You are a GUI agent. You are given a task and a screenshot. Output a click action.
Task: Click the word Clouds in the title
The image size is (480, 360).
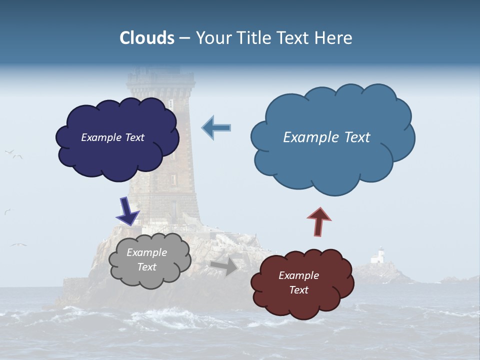[x=147, y=38]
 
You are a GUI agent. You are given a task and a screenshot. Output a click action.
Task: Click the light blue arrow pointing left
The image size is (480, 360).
[x=216, y=128]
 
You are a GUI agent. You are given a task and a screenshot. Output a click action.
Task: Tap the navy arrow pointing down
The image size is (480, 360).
[x=127, y=210]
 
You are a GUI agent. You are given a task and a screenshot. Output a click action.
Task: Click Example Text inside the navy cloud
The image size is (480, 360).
[x=112, y=137]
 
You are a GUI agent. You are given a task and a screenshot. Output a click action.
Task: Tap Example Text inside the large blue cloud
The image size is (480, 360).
[x=326, y=137]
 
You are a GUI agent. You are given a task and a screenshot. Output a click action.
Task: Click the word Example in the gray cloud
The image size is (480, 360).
[x=146, y=253]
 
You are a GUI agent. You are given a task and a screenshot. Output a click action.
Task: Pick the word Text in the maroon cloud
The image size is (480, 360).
[x=299, y=290]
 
